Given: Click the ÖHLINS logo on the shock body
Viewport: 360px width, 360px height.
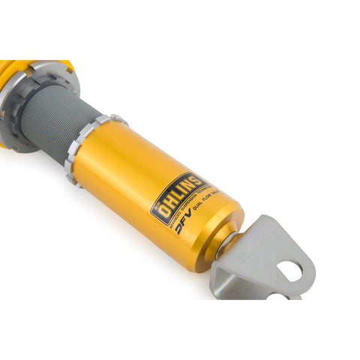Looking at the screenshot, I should point(178,196).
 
